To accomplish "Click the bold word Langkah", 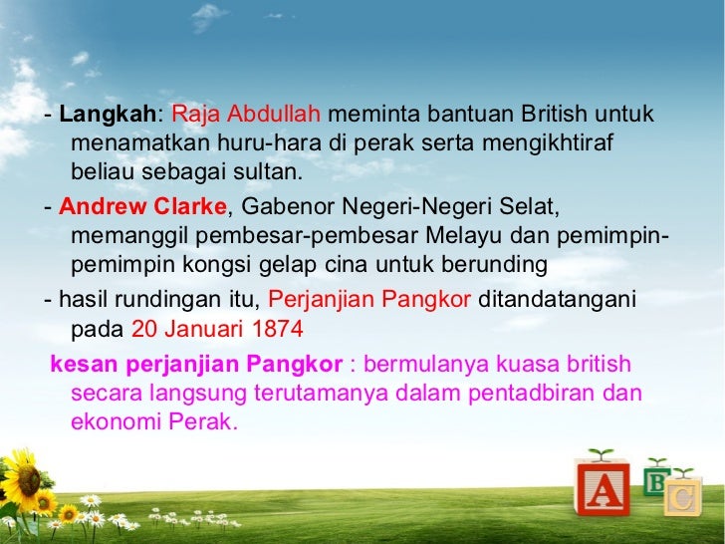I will point(107,115).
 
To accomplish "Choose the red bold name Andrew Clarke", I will point(142,208).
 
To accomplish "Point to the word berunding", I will point(498,266).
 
